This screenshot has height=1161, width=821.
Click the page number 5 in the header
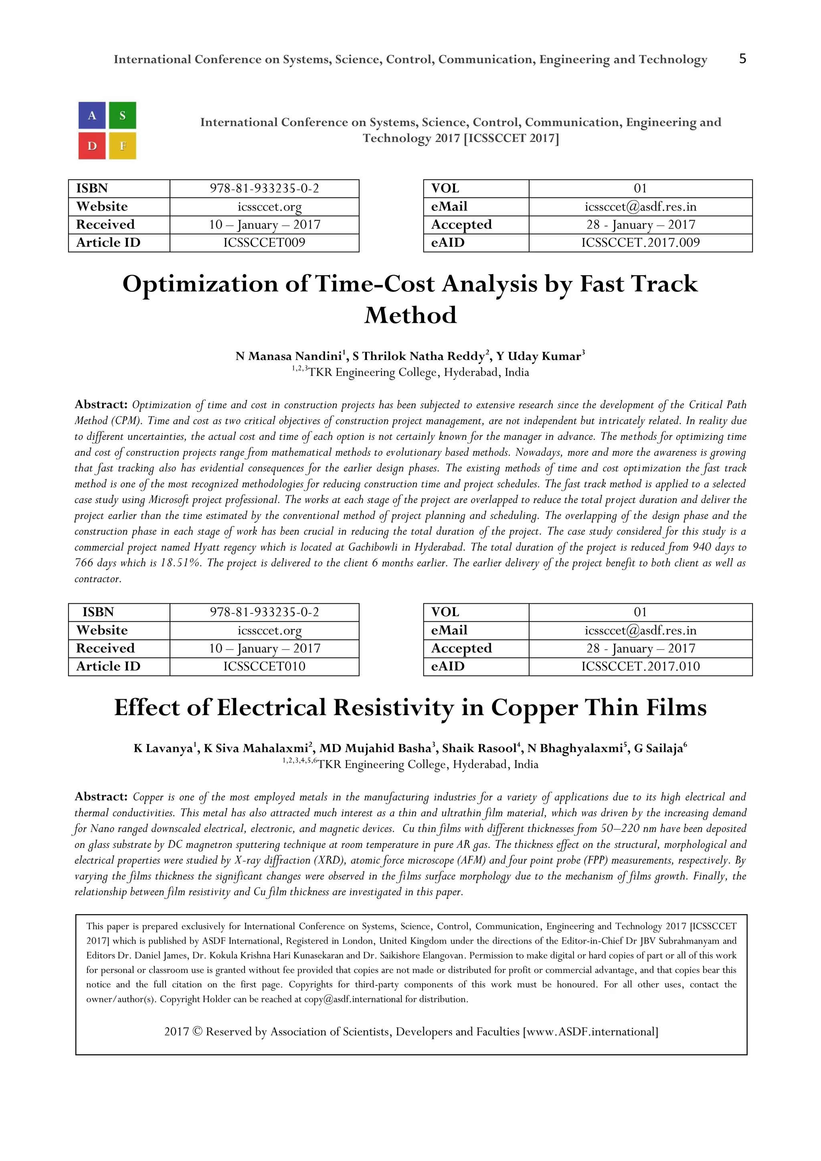point(742,59)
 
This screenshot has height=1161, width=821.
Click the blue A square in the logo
point(92,115)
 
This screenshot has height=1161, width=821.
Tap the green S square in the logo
point(122,115)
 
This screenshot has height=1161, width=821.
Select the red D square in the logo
point(92,146)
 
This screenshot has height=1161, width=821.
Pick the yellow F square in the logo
point(122,146)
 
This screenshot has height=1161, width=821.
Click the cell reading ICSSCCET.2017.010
point(640,666)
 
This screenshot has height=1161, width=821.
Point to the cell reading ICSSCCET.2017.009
point(640,243)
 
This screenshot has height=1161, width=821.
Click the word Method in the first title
point(410,316)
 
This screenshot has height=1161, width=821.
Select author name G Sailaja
point(659,749)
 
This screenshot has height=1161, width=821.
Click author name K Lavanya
point(163,749)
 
